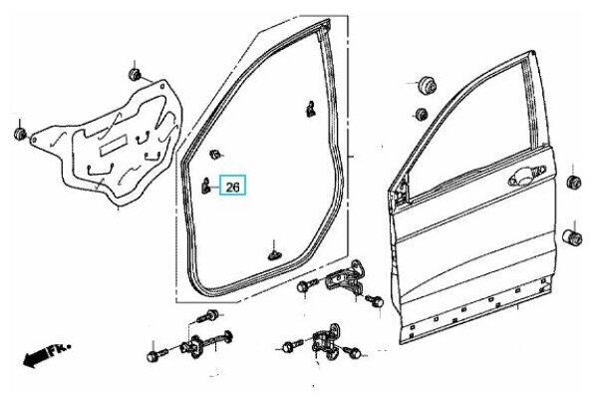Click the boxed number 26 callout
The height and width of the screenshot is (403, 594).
tap(233, 185)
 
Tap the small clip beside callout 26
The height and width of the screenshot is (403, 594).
tap(205, 185)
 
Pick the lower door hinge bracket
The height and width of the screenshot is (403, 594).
tap(326, 343)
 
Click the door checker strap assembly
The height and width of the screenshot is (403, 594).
tap(206, 344)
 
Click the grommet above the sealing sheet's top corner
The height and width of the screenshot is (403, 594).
tap(135, 74)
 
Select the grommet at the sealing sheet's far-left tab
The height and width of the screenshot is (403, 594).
tap(19, 134)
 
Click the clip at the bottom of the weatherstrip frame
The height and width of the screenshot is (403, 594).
tap(273, 255)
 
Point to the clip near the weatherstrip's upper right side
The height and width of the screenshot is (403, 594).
tap(310, 109)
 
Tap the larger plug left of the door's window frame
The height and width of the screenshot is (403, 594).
tap(427, 85)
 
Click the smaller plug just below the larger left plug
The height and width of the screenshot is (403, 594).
tap(421, 114)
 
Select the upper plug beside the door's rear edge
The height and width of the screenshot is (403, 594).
tap(573, 182)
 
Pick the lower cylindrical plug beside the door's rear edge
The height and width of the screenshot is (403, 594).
tap(572, 237)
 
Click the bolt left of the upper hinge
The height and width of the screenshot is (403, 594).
tap(308, 285)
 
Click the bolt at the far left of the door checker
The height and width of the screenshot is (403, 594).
tap(157, 355)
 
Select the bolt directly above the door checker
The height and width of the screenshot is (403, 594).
tap(208, 315)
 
